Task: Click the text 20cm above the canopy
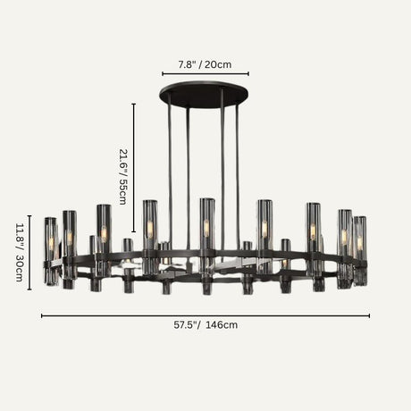point(217,64)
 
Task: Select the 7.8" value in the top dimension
point(188,64)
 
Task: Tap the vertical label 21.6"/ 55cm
point(123,176)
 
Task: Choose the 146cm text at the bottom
point(222,325)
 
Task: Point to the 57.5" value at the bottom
point(188,325)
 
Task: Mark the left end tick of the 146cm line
point(42,315)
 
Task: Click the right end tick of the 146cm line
point(369,315)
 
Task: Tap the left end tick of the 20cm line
point(163,74)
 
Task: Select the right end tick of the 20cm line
point(248,74)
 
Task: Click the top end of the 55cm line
point(134,104)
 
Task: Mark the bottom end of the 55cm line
point(134,231)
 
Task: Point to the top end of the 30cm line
point(29,215)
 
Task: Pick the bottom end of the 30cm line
point(29,289)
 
